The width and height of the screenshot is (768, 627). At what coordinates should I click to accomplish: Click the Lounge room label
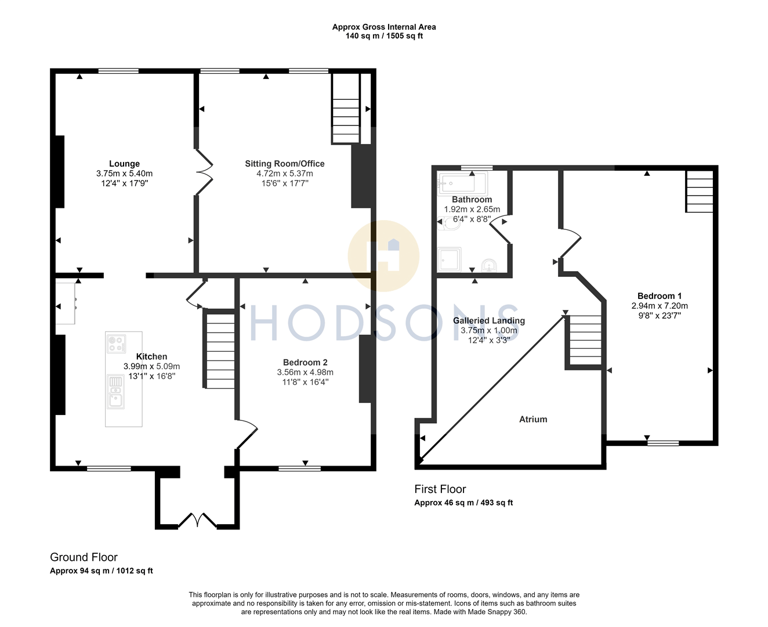pos(124,164)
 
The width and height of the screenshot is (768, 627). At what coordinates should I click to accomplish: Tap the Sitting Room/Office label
pos(284,164)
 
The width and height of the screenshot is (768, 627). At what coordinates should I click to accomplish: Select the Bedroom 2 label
pos(305,362)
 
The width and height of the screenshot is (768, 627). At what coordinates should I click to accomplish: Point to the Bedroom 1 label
pos(660,296)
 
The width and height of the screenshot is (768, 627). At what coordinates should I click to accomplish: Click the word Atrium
pos(533,419)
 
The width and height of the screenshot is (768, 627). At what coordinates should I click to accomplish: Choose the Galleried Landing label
pos(488,320)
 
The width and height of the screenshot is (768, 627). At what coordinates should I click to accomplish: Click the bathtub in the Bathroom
pos(462,184)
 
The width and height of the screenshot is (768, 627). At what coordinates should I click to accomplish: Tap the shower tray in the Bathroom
pos(450,260)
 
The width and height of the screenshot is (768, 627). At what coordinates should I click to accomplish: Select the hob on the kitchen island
pos(116,344)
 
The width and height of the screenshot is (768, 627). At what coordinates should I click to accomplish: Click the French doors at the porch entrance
pos(198,520)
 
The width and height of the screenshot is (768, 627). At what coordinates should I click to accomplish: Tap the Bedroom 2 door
pos(247,433)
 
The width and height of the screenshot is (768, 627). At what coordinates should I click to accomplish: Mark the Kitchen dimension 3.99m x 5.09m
pos(151,366)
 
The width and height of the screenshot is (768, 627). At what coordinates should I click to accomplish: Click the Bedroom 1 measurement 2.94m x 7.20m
pos(660,306)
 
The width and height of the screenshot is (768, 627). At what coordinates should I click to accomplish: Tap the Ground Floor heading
pos(84,557)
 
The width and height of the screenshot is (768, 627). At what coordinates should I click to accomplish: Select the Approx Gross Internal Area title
pos(383,27)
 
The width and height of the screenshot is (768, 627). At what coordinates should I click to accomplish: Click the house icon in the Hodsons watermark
pos(384,255)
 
